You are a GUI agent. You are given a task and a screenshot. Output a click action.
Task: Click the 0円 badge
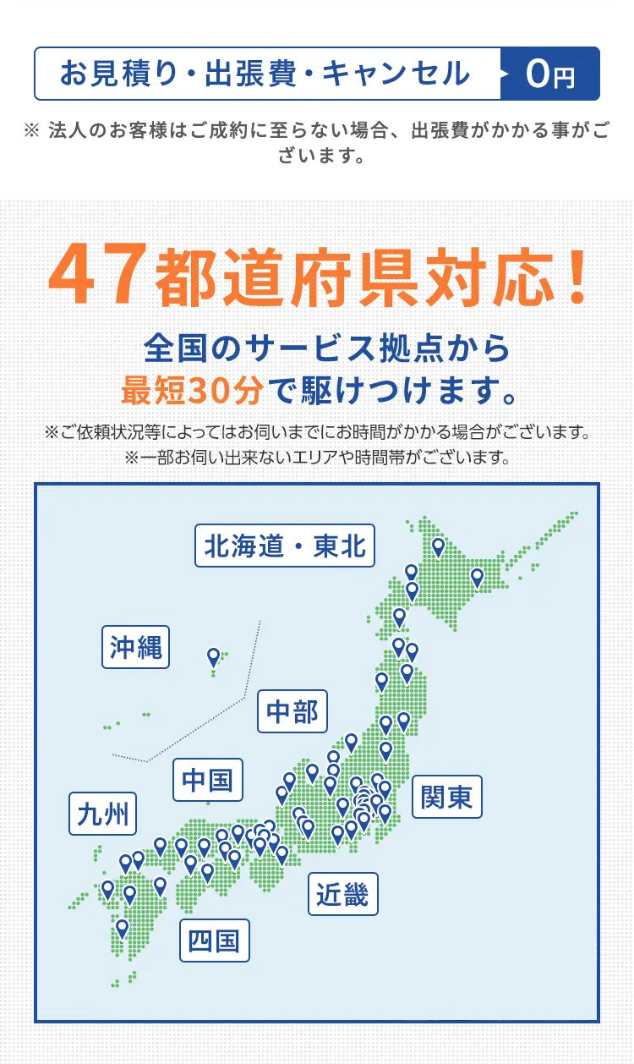550,74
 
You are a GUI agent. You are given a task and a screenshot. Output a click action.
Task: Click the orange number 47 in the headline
95,277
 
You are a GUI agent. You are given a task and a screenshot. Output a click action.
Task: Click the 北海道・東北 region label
285,546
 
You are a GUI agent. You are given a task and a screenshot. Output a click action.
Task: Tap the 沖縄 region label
135,647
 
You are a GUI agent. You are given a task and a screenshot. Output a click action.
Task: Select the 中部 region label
292,712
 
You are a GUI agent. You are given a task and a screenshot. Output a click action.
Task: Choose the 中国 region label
208,780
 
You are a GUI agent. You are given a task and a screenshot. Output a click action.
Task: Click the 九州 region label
103,814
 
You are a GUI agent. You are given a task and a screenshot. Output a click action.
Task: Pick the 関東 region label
446,797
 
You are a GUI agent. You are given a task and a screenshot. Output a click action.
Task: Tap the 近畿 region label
342,894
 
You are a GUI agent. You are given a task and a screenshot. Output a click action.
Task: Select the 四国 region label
214,941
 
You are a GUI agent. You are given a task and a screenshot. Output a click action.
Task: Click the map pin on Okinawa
214,656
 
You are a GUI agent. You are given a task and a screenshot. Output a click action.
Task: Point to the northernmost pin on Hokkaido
438,547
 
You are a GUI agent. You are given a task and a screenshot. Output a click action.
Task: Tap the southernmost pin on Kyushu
123,928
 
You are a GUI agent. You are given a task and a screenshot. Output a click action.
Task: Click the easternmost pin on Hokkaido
477,578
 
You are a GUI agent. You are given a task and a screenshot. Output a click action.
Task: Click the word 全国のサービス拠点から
327,348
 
